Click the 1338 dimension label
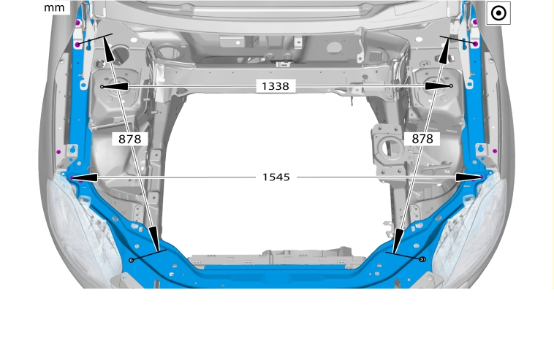coord(276,86)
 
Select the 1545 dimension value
coord(276,177)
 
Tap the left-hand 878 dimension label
coord(129,139)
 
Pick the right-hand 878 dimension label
coord(422,139)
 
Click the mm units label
coord(54,8)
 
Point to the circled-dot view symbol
coord(498,13)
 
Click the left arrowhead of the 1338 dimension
coord(115,86)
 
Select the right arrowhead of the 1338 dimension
coord(437,85)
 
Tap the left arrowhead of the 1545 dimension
coord(85,177)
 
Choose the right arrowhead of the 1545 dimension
coord(468,177)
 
